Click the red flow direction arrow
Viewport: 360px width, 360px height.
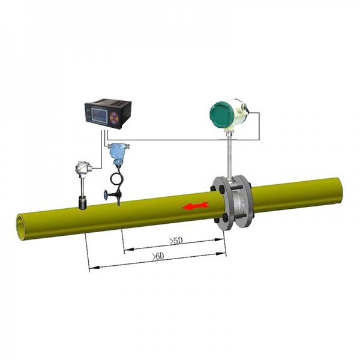[196, 206]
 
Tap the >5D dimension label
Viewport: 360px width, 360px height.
[176, 241]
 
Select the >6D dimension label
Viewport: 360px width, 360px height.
[158, 257]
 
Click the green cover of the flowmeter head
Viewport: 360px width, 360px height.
[220, 115]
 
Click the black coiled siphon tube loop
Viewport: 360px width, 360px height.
[118, 178]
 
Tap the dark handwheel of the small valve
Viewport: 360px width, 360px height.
[106, 196]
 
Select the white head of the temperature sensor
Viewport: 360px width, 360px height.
[83, 167]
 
